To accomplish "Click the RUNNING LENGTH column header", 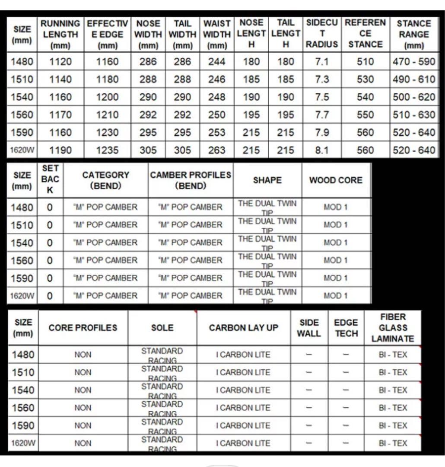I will click(60, 34).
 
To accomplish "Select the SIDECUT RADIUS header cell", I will click(322, 34).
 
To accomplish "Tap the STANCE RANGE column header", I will click(413, 34).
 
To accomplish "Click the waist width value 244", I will click(216, 62).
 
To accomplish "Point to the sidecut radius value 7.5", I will click(322, 97).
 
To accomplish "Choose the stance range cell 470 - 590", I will click(413, 62).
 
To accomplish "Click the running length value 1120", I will click(60, 62).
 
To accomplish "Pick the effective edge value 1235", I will click(107, 150).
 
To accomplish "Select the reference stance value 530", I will click(365, 80).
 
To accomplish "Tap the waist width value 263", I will click(216, 150).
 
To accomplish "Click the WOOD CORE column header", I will click(336, 180).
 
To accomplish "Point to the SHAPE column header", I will click(267, 180).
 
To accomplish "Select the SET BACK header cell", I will click(50, 180).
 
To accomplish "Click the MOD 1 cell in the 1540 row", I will click(336, 243).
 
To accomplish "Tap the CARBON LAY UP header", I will click(244, 328).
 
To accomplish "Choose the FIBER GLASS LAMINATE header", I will click(393, 328).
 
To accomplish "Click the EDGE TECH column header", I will click(346, 328).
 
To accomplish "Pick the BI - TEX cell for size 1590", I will click(393, 425).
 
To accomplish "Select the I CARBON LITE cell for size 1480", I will click(244, 355).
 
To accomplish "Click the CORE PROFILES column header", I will click(83, 328).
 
